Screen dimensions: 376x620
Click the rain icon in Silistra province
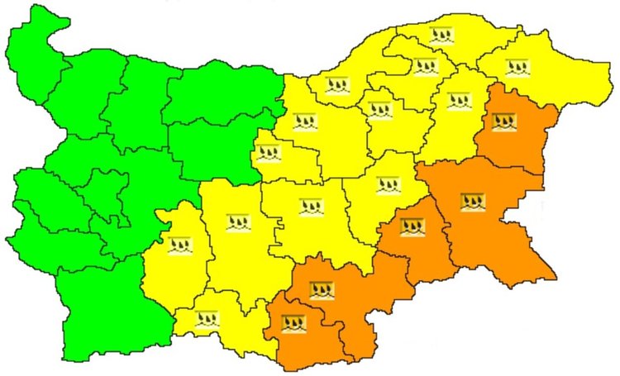(x=441, y=35)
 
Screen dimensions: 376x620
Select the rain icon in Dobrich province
(x=516, y=65)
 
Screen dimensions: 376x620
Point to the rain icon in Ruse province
(x=336, y=85)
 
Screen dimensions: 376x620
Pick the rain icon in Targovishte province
(x=379, y=109)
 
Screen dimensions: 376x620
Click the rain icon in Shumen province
(x=457, y=101)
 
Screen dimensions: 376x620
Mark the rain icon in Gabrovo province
(x=269, y=153)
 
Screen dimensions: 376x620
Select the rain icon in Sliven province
(x=387, y=184)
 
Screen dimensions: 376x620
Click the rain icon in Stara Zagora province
(x=311, y=206)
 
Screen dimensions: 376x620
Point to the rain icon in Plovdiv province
(x=238, y=221)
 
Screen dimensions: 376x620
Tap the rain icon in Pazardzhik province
(x=179, y=245)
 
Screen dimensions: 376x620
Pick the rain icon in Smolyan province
(x=206, y=319)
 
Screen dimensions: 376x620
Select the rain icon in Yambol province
(x=411, y=226)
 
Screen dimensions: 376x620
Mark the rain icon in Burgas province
(x=473, y=202)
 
